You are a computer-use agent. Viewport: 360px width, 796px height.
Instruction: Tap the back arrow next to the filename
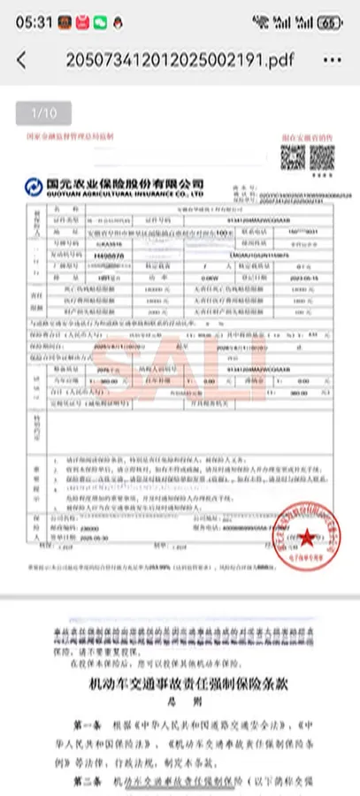click(21, 60)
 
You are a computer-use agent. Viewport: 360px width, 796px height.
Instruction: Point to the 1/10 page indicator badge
click(43, 112)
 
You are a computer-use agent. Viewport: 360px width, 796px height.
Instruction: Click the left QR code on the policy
click(293, 158)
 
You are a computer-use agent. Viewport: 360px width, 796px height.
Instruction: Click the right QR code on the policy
click(321, 158)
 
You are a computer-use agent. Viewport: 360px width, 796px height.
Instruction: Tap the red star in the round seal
click(306, 536)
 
